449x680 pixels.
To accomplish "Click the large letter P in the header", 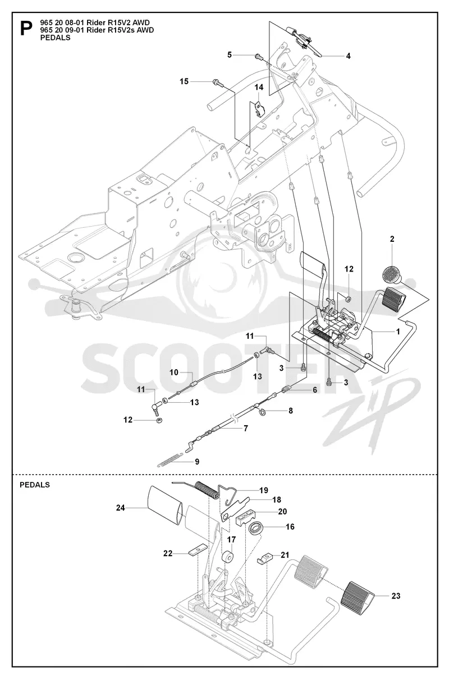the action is tap(26, 29).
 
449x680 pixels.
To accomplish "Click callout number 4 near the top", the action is tap(348, 56).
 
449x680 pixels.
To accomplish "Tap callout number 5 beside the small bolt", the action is tap(230, 54).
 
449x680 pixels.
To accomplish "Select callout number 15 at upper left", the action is tap(184, 81).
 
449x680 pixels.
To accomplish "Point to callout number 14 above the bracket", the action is tap(259, 88).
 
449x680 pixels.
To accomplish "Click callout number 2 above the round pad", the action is tap(392, 239).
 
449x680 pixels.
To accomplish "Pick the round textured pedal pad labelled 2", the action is tap(392, 274).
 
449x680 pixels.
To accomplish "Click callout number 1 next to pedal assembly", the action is tap(398, 332).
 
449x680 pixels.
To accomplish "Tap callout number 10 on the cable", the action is tap(174, 372).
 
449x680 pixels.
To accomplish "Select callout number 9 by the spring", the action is tap(197, 462).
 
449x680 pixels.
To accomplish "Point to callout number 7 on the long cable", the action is tap(246, 428).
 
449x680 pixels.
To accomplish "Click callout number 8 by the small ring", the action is tap(291, 411).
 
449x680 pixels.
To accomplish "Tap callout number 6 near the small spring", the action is tap(315, 390).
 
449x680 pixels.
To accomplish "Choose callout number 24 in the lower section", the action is tap(121, 508).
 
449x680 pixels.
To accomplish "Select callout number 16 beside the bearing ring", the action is tap(290, 527).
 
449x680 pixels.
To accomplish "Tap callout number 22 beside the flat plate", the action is tap(168, 553).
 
